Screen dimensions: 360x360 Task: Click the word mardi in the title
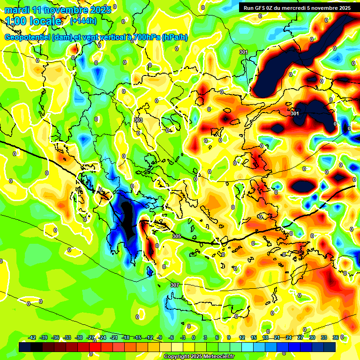point(17,10)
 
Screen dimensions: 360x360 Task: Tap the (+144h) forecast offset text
point(83,21)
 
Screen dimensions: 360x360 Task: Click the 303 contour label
point(138,120)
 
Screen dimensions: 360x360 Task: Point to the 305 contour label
point(176,237)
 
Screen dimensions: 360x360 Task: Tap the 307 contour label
point(174,285)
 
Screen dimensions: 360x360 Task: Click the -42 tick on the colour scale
point(32,338)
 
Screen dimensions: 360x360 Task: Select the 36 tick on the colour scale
point(336,338)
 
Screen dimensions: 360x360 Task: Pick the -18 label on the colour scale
point(126,338)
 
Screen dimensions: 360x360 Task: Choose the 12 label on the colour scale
point(242,338)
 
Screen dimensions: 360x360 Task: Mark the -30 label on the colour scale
point(79,338)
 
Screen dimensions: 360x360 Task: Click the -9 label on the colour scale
point(159,338)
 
